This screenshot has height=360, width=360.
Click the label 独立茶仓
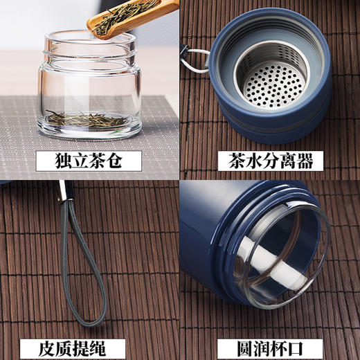(89, 162)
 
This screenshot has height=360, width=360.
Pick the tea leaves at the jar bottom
(87, 118)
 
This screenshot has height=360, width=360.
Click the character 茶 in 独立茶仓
(98, 162)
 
